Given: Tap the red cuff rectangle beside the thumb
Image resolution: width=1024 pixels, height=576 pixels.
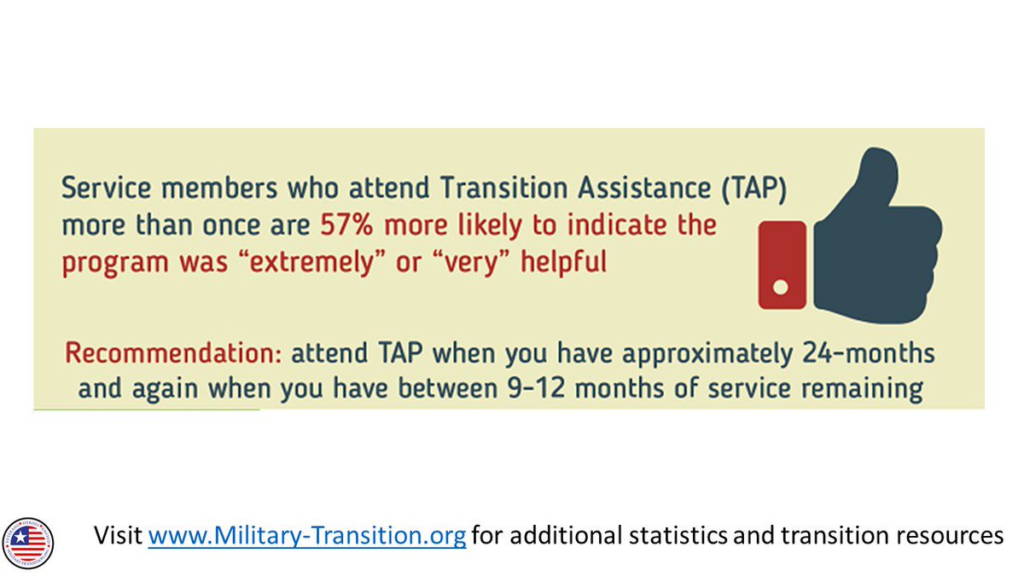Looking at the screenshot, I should tap(782, 265).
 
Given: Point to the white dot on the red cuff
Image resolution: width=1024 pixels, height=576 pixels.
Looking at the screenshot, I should tap(778, 287).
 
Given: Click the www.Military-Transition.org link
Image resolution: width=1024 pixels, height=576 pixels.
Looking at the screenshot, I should tap(307, 535).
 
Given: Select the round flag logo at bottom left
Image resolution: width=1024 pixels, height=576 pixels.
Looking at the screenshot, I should tap(28, 543).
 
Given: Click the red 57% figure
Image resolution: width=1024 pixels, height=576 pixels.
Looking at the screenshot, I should tap(346, 225).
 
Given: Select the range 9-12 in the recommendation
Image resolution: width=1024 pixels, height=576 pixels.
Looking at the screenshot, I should tap(522, 389).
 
